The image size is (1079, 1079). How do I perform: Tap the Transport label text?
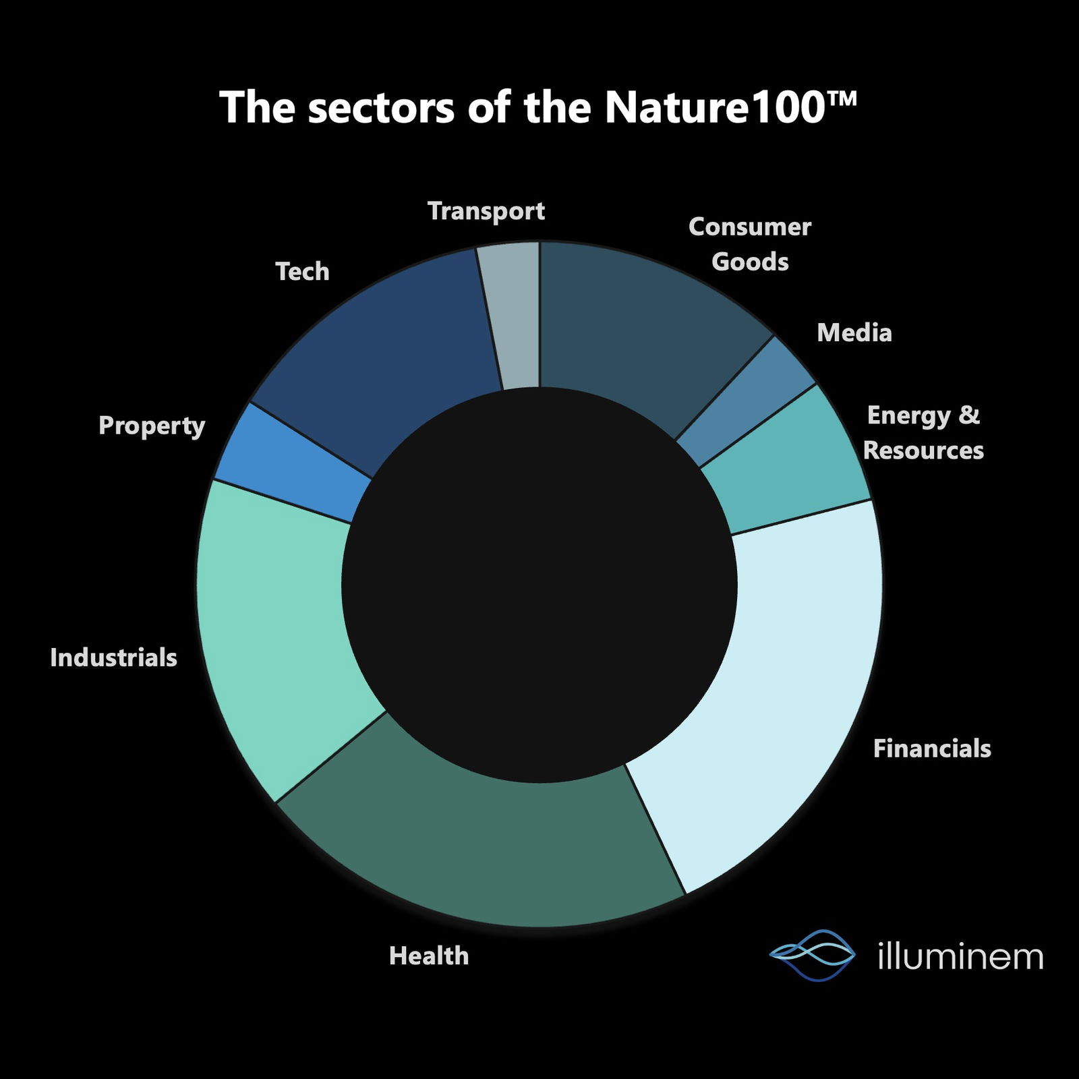[x=486, y=212]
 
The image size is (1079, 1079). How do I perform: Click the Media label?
[x=854, y=332]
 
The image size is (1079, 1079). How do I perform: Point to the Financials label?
[x=932, y=749]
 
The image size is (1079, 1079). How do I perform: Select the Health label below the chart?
[x=429, y=956]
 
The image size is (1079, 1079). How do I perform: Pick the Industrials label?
[x=113, y=658]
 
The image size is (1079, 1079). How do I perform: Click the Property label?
[x=152, y=426]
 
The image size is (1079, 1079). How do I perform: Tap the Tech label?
[x=303, y=272]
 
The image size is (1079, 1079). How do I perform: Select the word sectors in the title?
[x=381, y=109]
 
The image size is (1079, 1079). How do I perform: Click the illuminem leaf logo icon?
[x=813, y=955]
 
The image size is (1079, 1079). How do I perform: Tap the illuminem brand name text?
[x=961, y=956]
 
